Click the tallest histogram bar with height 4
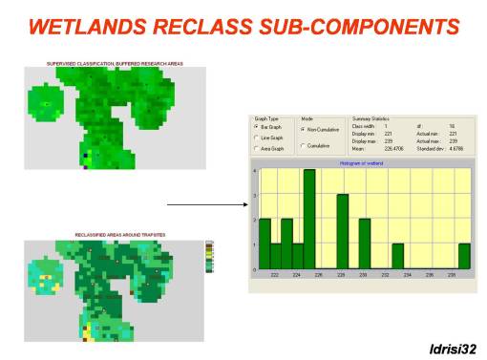(309, 219)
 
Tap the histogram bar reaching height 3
(342, 232)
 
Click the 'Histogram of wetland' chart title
(363, 163)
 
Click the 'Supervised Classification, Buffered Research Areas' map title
(115, 63)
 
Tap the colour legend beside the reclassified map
(209, 256)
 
